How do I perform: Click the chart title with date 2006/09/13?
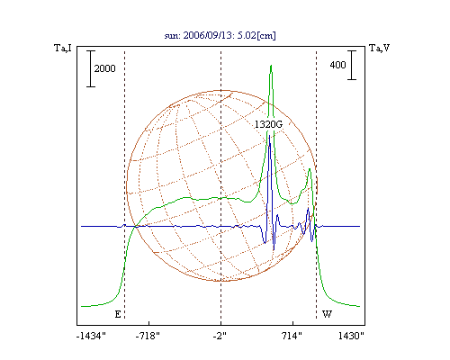pyautogui.click(x=220, y=35)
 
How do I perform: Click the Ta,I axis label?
pyautogui.click(x=63, y=48)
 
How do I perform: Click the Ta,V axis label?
pyautogui.click(x=379, y=48)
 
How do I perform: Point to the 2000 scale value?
pyautogui.click(x=104, y=68)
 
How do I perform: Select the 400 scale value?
pyautogui.click(x=337, y=65)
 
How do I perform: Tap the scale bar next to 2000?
pyautogui.click(x=91, y=68)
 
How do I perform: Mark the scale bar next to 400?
pyautogui.click(x=352, y=65)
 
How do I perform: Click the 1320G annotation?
pyautogui.click(x=268, y=124)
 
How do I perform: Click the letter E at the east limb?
pyautogui.click(x=118, y=314)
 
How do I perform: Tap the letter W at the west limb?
pyautogui.click(x=327, y=314)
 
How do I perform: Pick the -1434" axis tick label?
pyautogui.click(x=92, y=336)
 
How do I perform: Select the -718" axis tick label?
pyautogui.click(x=148, y=336)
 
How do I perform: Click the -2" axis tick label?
pyautogui.click(x=220, y=336)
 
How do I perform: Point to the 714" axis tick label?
pyautogui.click(x=292, y=336)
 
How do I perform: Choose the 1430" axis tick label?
pyautogui.click(x=351, y=336)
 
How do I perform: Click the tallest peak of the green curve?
pyautogui.click(x=271, y=66)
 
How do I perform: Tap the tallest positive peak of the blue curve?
pyautogui.click(x=270, y=136)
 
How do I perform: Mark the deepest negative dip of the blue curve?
pyautogui.click(x=274, y=249)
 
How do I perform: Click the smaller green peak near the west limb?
pyautogui.click(x=310, y=169)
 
